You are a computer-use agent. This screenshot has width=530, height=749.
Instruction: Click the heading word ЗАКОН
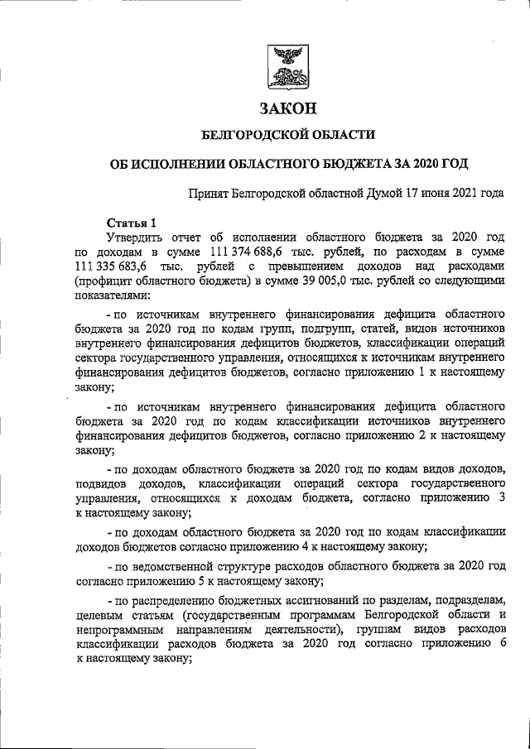pyautogui.click(x=289, y=108)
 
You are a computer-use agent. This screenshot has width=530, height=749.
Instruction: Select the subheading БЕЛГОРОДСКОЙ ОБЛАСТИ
pyautogui.click(x=289, y=133)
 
